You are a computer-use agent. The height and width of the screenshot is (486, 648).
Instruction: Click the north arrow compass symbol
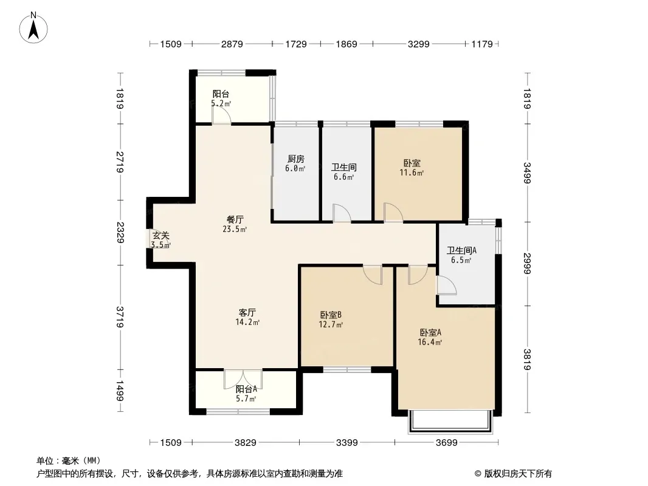33,28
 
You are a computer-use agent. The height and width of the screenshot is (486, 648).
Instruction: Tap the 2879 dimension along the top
232,44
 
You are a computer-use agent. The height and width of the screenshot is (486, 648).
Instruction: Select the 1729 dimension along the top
296,44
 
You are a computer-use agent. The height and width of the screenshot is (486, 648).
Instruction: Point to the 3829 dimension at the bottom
246,443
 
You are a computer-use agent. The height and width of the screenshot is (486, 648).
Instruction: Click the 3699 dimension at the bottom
447,443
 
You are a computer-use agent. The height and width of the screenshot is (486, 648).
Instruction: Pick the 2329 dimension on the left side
120,233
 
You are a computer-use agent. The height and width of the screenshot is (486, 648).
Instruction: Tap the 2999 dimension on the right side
527,264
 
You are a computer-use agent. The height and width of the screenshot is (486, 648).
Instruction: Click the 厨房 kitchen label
296,159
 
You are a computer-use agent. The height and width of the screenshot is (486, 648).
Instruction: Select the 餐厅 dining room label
235,220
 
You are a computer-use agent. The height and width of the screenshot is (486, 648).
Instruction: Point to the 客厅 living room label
247,313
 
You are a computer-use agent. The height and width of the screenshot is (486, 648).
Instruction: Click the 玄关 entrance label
160,236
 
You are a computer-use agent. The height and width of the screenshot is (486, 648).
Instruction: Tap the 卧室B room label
331,315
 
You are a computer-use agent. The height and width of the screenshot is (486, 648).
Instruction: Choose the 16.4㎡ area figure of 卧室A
430,342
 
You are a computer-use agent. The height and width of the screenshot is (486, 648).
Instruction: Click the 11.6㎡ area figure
412,173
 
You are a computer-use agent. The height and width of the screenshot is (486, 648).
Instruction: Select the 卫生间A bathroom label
461,251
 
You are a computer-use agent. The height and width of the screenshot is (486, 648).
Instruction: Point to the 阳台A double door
243,379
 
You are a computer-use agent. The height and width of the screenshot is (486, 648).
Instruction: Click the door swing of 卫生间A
447,285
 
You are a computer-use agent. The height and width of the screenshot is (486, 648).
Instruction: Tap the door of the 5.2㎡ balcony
221,117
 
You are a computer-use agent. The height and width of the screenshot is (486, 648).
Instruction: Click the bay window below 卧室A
451,422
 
